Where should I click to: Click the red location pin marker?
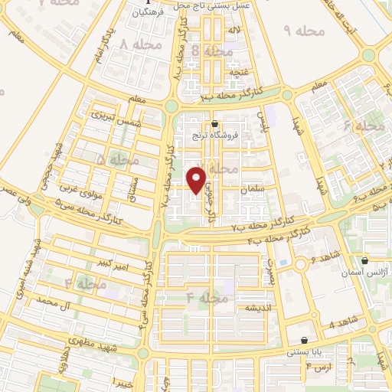click(x=198, y=180)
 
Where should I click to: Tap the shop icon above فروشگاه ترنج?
click(x=214, y=123)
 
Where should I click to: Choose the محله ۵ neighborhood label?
click(x=113, y=160)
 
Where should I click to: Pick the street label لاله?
click(x=234, y=30)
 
